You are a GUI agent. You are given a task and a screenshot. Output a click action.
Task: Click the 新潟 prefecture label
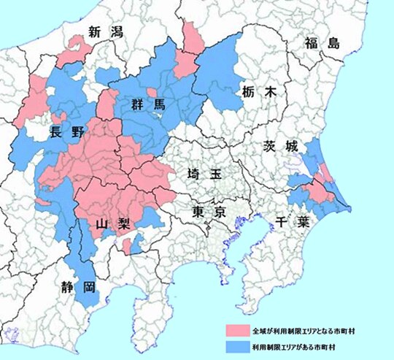click(x=103, y=31)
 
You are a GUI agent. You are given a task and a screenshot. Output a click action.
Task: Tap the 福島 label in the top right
click(x=323, y=42)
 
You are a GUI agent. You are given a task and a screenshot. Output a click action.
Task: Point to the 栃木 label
click(x=259, y=92)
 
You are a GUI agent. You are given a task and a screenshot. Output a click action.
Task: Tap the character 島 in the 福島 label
click(x=333, y=42)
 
